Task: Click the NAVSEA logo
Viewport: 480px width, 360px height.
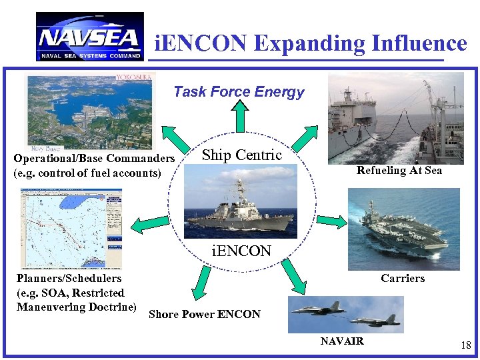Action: coord(89,37)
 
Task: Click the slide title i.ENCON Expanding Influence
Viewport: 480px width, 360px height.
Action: coord(310,43)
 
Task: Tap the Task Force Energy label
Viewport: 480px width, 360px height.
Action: coord(239,92)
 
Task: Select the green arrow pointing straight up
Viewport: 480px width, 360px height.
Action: coord(241,114)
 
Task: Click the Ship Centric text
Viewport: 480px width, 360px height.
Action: coord(241,155)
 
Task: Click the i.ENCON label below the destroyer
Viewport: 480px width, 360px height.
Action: coord(241,251)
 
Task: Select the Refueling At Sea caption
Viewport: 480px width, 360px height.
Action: coord(399,170)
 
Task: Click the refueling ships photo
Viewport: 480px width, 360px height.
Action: coord(395,117)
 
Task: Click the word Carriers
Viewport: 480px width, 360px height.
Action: coord(403,278)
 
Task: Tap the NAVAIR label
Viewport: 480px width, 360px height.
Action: coord(342,341)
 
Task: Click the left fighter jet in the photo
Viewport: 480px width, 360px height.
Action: coord(319,309)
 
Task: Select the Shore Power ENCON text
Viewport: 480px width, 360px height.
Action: coord(205,314)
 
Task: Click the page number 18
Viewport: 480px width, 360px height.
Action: coord(465,345)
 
